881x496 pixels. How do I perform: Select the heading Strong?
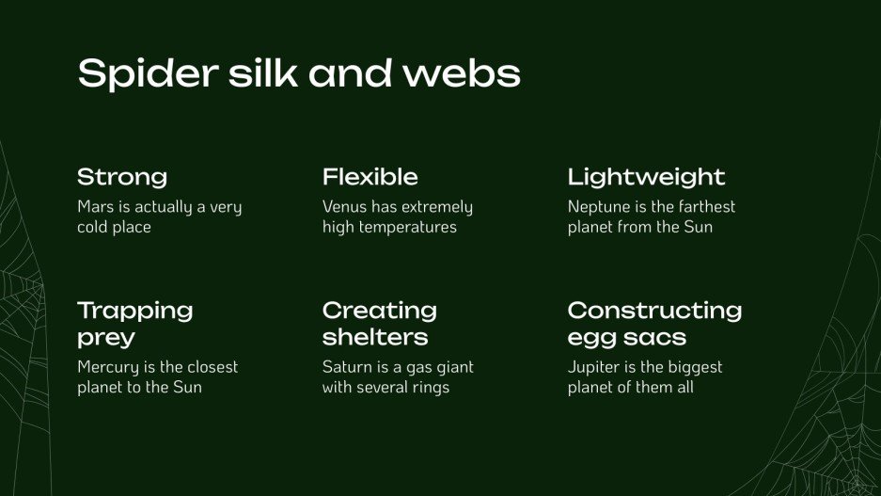click(x=122, y=177)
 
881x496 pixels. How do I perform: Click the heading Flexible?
click(x=370, y=177)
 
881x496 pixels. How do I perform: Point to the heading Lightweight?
click(x=647, y=177)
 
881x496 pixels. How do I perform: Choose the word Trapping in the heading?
click(x=135, y=311)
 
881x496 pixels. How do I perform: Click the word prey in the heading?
click(x=106, y=337)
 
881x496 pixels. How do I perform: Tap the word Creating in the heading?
click(x=380, y=311)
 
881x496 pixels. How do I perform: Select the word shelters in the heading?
click(x=375, y=337)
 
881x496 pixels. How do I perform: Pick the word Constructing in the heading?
click(x=655, y=311)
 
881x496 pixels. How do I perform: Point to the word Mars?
click(x=95, y=207)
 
